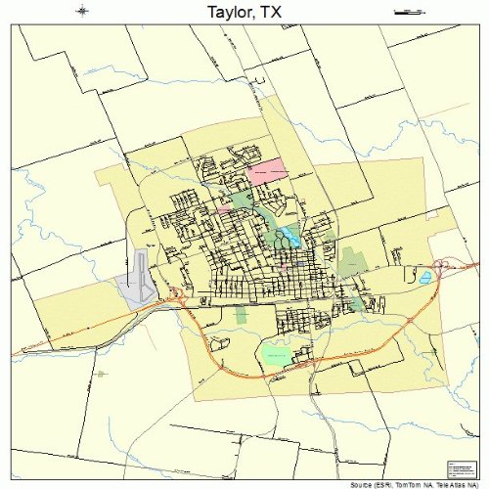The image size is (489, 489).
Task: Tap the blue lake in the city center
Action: click(289, 236)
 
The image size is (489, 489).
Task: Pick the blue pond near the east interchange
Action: click(424, 279)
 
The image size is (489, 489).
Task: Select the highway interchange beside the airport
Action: click(176, 292)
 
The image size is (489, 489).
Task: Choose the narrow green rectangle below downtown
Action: click(242, 316)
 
